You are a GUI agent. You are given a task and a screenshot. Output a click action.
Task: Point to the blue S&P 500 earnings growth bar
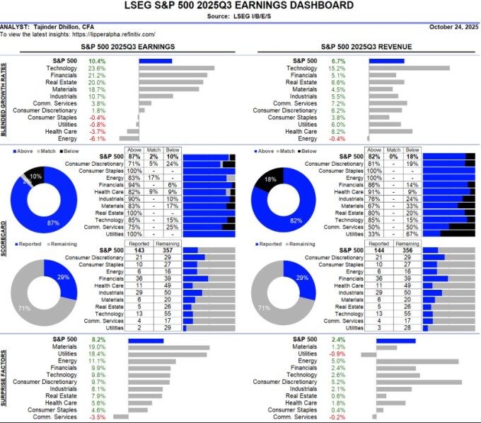click(155, 61)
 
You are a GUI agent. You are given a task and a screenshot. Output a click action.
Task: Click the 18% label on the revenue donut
click(270, 180)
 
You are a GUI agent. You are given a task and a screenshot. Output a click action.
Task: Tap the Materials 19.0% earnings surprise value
click(96, 347)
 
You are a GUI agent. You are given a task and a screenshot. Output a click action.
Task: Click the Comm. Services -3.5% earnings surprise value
click(96, 417)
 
